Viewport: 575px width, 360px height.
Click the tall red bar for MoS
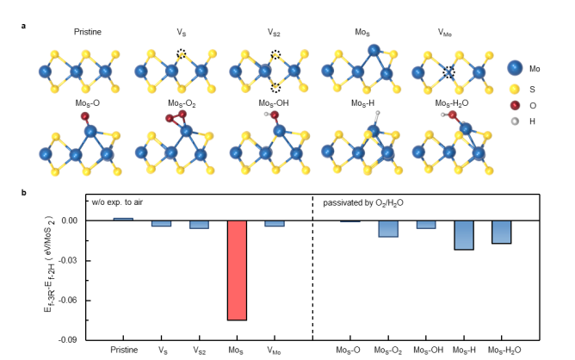(x=237, y=270)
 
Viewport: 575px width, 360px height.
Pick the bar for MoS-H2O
(x=501, y=233)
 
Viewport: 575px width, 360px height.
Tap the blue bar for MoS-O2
(x=387, y=229)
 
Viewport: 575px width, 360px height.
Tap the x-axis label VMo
(x=275, y=351)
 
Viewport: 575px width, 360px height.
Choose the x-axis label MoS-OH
(x=425, y=351)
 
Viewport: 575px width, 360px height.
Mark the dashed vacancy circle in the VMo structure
(x=448, y=72)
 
